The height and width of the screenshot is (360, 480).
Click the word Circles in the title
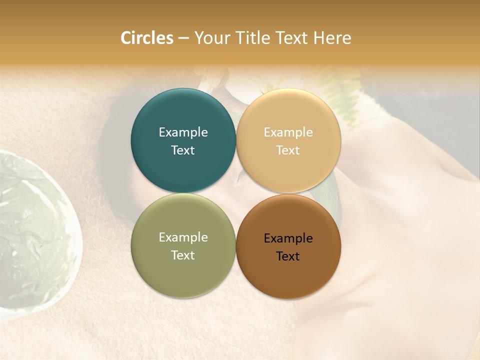coord(147,38)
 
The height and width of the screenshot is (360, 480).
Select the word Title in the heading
coord(255,38)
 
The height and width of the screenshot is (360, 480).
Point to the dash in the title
coord(183,38)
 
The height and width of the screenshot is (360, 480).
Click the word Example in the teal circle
coord(183,132)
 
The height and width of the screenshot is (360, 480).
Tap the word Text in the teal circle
coord(183,150)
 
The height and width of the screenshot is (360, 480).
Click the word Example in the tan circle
coord(288,132)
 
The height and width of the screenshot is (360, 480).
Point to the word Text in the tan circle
coord(288,150)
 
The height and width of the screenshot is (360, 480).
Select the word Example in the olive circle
coord(183,237)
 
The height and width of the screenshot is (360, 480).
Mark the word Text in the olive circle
coord(183,255)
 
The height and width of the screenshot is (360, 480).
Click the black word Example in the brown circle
coord(288,238)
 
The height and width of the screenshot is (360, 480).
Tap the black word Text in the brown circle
coord(288,256)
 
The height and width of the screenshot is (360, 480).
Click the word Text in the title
coord(293,38)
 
